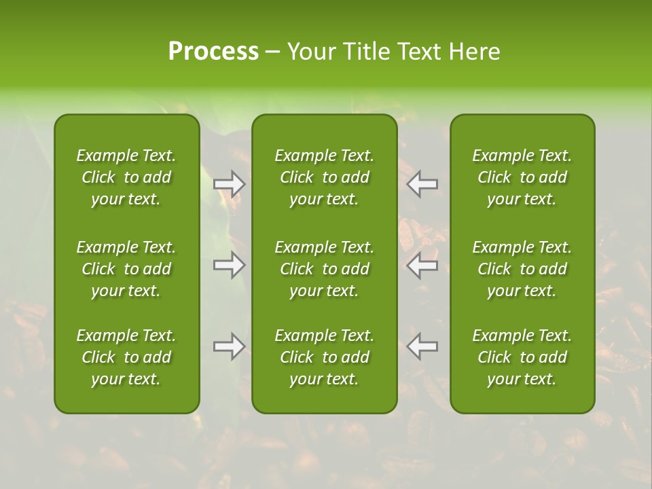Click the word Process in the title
(x=213, y=52)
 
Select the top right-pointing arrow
(x=230, y=184)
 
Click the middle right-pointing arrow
(x=230, y=265)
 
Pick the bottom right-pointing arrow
(x=230, y=346)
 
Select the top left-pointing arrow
(x=422, y=184)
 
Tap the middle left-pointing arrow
(x=422, y=265)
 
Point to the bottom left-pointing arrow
(x=422, y=346)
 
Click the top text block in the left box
(x=126, y=177)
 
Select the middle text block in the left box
(x=126, y=269)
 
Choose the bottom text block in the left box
(x=126, y=357)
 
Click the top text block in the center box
(x=325, y=177)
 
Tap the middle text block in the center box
(x=325, y=269)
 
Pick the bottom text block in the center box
(x=325, y=357)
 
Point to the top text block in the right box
(x=522, y=177)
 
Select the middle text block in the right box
(x=522, y=269)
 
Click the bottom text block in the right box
(x=522, y=357)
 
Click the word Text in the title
(x=418, y=52)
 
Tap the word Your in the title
(x=310, y=52)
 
